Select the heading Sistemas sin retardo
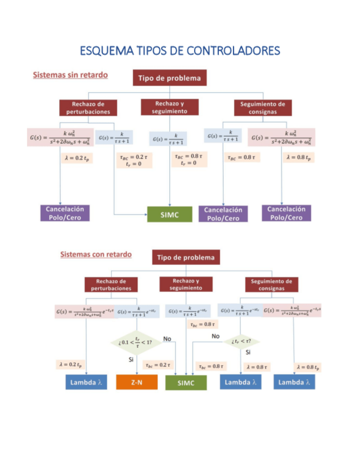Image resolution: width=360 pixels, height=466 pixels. tap(70, 74)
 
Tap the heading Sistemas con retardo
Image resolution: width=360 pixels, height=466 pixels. tap(96, 254)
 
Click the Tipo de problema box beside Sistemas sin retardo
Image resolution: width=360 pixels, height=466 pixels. tap(170, 78)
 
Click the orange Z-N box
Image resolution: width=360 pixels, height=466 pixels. tap(136, 382)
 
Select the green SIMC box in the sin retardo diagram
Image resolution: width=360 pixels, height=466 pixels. tap(169, 215)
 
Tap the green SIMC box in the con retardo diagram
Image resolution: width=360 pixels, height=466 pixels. tap(186, 383)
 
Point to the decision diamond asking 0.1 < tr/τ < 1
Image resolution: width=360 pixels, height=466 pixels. tap(136, 342)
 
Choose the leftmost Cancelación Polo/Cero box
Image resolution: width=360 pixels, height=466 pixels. tap(65, 213)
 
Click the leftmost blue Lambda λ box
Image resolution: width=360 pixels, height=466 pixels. tap(86, 382)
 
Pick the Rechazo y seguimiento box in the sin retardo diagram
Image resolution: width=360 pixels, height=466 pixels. tap(169, 107)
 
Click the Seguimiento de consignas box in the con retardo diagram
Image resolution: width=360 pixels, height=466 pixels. tap(272, 284)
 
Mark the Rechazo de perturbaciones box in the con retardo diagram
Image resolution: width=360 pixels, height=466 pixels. tap(111, 284)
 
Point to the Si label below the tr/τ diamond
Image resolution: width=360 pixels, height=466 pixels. tap(131, 359)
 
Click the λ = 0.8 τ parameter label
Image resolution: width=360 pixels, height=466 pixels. tap(257, 367)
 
